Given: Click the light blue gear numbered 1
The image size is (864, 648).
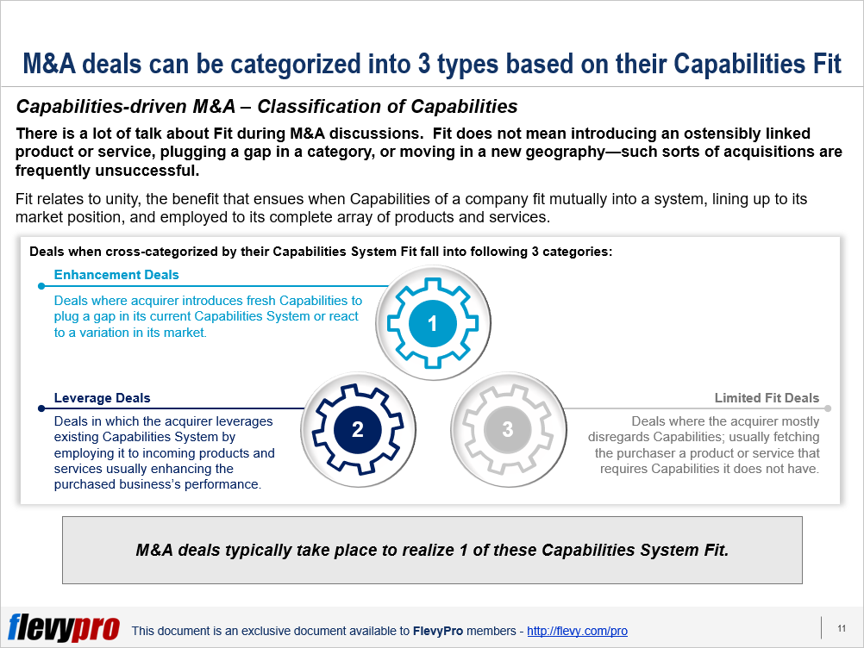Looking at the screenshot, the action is [x=433, y=323].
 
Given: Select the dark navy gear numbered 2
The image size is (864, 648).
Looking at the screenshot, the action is [x=358, y=429].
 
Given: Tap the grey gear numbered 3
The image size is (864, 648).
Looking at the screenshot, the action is [x=508, y=429].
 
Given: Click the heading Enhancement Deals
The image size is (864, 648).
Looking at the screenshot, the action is [x=116, y=275].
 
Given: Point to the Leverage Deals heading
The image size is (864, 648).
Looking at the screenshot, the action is [x=102, y=398].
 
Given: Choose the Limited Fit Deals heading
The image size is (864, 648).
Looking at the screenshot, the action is [x=767, y=398].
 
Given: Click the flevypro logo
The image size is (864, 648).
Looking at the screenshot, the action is [x=63, y=627].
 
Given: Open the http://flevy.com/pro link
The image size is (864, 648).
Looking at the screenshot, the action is [x=577, y=631].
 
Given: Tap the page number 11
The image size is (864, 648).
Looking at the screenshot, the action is [x=842, y=628].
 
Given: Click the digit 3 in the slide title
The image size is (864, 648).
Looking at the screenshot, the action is [x=423, y=64].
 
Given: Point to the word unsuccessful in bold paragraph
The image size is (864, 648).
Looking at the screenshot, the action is [x=146, y=171].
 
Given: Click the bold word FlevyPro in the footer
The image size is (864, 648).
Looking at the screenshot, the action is [x=438, y=631].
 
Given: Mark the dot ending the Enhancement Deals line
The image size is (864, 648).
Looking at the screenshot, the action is [x=41, y=286].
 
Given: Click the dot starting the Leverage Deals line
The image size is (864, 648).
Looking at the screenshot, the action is [x=41, y=408].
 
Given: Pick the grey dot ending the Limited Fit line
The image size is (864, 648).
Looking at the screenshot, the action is [x=828, y=408].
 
